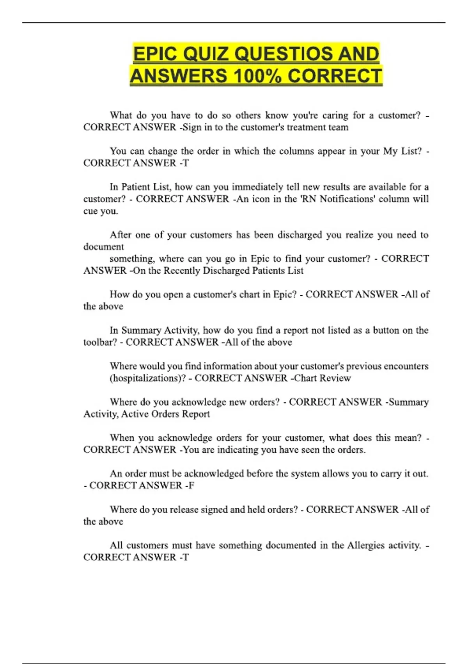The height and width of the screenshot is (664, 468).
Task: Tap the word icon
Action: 260,199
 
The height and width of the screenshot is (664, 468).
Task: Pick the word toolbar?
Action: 100,343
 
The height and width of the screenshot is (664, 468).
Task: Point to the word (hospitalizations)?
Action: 147,378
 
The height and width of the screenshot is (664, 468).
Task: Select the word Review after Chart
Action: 336,378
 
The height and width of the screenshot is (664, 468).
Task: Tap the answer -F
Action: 190,486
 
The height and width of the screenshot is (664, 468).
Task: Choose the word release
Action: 184,510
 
